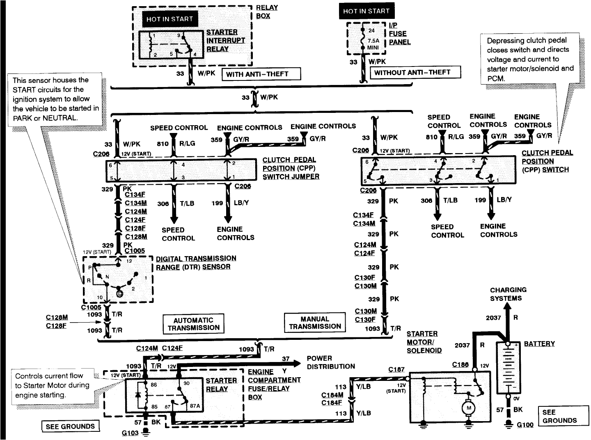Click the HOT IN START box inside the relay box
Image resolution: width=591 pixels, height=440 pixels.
pyautogui.click(x=170, y=19)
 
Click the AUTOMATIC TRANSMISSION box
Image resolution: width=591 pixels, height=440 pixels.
pyautogui.click(x=193, y=324)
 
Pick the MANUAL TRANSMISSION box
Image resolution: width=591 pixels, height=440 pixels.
pyautogui.click(x=315, y=323)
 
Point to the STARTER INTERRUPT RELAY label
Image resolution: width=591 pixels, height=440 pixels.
pyautogui.click(x=225, y=41)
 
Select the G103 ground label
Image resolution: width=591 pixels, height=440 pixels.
pyautogui.click(x=130, y=433)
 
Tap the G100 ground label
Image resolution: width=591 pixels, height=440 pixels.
pyautogui.click(x=525, y=425)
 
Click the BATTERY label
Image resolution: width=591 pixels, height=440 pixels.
pyautogui.click(x=539, y=344)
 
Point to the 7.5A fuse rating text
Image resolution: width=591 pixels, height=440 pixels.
pyautogui.click(x=373, y=41)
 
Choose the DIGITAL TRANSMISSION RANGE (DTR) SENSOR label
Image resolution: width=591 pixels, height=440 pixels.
pyautogui.click(x=196, y=263)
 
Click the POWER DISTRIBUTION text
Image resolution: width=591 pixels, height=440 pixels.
pyautogui.click(x=331, y=362)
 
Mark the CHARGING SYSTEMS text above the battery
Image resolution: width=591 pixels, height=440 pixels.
pyautogui.click(x=508, y=294)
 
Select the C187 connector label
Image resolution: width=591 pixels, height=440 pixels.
pyautogui.click(x=396, y=369)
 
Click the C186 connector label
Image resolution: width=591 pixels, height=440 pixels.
pyautogui.click(x=460, y=364)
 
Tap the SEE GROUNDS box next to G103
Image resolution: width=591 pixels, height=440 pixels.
pyautogui.click(x=70, y=426)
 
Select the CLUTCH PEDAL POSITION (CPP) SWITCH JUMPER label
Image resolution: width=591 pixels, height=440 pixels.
pyautogui.click(x=291, y=168)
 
